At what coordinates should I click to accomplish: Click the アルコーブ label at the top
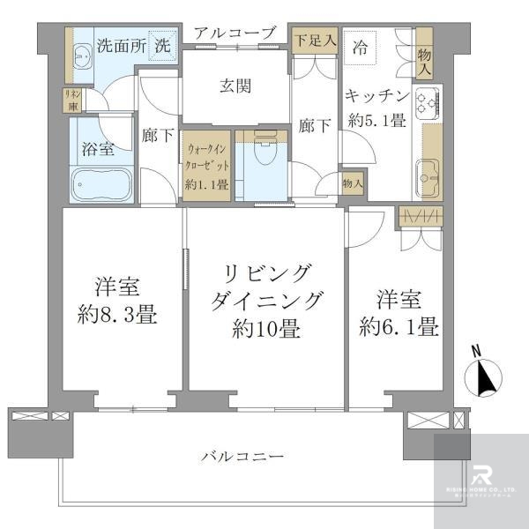pyautogui.click(x=235, y=34)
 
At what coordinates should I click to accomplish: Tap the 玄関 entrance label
pyautogui.click(x=235, y=86)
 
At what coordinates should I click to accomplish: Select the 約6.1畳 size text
pyautogui.click(x=399, y=327)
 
